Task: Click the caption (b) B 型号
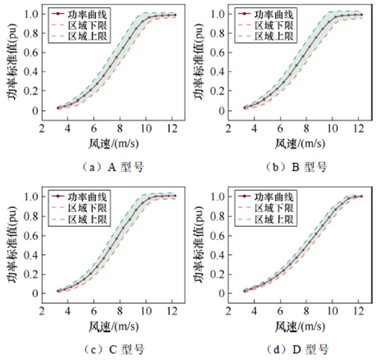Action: click(x=296, y=167)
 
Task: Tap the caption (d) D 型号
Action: click(x=296, y=349)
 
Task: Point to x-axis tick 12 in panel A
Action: click(x=172, y=129)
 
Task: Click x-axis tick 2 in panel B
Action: click(x=228, y=129)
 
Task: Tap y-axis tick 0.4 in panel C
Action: click(x=31, y=255)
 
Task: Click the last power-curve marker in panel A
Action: click(x=175, y=15)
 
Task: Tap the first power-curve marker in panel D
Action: click(x=245, y=291)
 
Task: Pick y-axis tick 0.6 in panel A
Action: click(x=31, y=52)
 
